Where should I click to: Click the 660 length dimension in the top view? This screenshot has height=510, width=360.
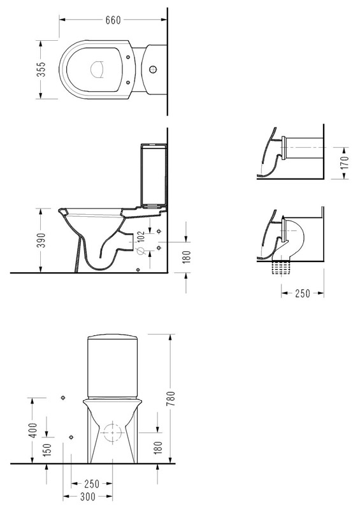click(x=113, y=20)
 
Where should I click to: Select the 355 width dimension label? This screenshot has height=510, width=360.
click(x=41, y=69)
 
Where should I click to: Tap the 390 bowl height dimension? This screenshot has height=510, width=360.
click(x=41, y=240)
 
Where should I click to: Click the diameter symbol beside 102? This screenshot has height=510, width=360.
click(x=141, y=251)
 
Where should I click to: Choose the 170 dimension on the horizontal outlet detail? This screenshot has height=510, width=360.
click(x=345, y=163)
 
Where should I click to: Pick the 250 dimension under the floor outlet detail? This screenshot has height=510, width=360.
click(x=303, y=293)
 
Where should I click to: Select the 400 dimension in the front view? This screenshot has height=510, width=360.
click(x=34, y=430)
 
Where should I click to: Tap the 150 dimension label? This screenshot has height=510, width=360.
click(x=47, y=449)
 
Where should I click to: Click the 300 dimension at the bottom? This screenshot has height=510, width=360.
click(x=88, y=497)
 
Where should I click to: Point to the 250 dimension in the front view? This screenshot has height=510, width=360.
click(x=92, y=484)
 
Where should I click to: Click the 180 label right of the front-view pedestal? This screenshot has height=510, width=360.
click(x=158, y=448)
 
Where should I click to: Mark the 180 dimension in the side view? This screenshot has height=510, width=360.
click(x=187, y=257)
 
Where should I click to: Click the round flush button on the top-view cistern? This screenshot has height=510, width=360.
click(x=152, y=69)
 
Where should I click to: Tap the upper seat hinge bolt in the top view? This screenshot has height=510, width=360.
click(x=128, y=57)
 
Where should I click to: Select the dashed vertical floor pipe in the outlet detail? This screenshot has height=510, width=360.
click(x=280, y=267)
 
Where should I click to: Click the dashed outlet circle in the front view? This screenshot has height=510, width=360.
click(x=112, y=433)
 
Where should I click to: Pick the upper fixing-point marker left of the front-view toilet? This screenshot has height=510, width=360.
click(x=63, y=398)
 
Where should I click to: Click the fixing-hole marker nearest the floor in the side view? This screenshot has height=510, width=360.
click(x=138, y=269)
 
